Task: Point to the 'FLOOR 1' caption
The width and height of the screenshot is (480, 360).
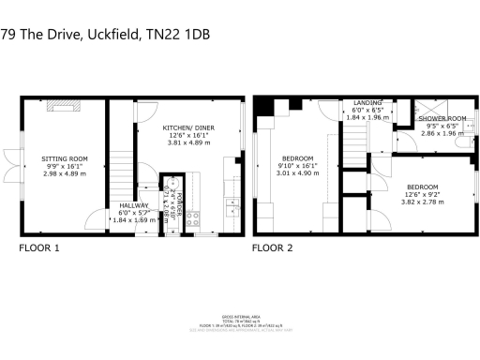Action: point(39,248)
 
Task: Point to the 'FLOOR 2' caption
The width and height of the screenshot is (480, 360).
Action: point(273,248)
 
